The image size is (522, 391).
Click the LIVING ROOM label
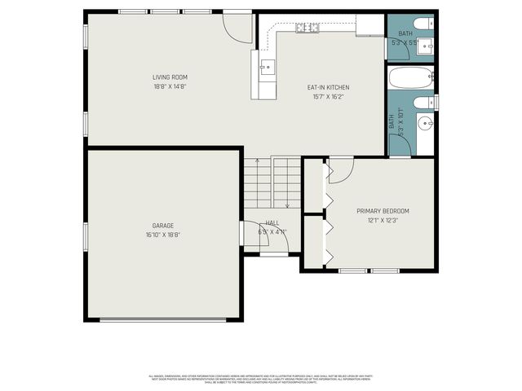170,77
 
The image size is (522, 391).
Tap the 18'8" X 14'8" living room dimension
170,86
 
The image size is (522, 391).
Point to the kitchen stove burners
307,29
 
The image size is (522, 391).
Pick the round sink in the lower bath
425,124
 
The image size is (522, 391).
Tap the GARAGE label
163,226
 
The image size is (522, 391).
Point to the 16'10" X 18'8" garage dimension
163,235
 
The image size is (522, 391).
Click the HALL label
272,222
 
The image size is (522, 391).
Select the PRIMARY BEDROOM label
383,211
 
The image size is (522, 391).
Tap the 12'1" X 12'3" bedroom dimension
383,220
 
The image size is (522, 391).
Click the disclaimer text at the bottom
261,380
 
